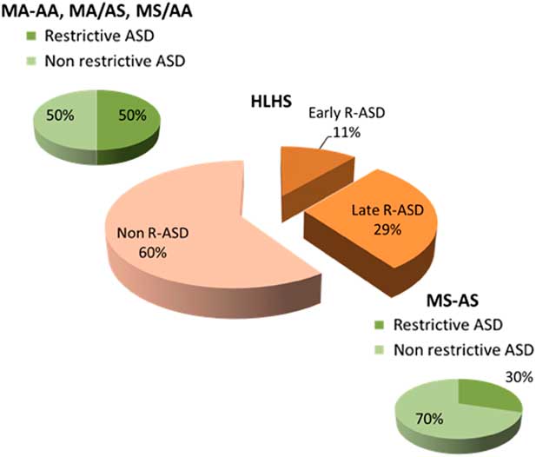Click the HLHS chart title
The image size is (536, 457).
(x=271, y=102)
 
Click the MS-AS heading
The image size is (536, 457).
(x=453, y=301)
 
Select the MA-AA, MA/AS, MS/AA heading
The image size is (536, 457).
(x=97, y=11)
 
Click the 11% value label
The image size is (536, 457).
(x=347, y=132)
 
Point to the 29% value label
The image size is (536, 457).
(x=387, y=229)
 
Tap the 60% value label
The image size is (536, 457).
(x=152, y=253)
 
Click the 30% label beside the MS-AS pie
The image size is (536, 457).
(x=519, y=377)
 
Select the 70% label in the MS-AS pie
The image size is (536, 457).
(x=429, y=419)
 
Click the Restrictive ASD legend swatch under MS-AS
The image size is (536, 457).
(x=380, y=325)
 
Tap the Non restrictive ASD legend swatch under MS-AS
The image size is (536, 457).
(x=380, y=350)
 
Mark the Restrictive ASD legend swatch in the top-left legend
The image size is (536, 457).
(x=31, y=36)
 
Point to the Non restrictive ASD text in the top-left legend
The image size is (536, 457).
(x=116, y=61)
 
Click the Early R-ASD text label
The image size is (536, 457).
(x=347, y=113)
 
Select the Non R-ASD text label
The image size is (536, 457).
(x=153, y=233)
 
